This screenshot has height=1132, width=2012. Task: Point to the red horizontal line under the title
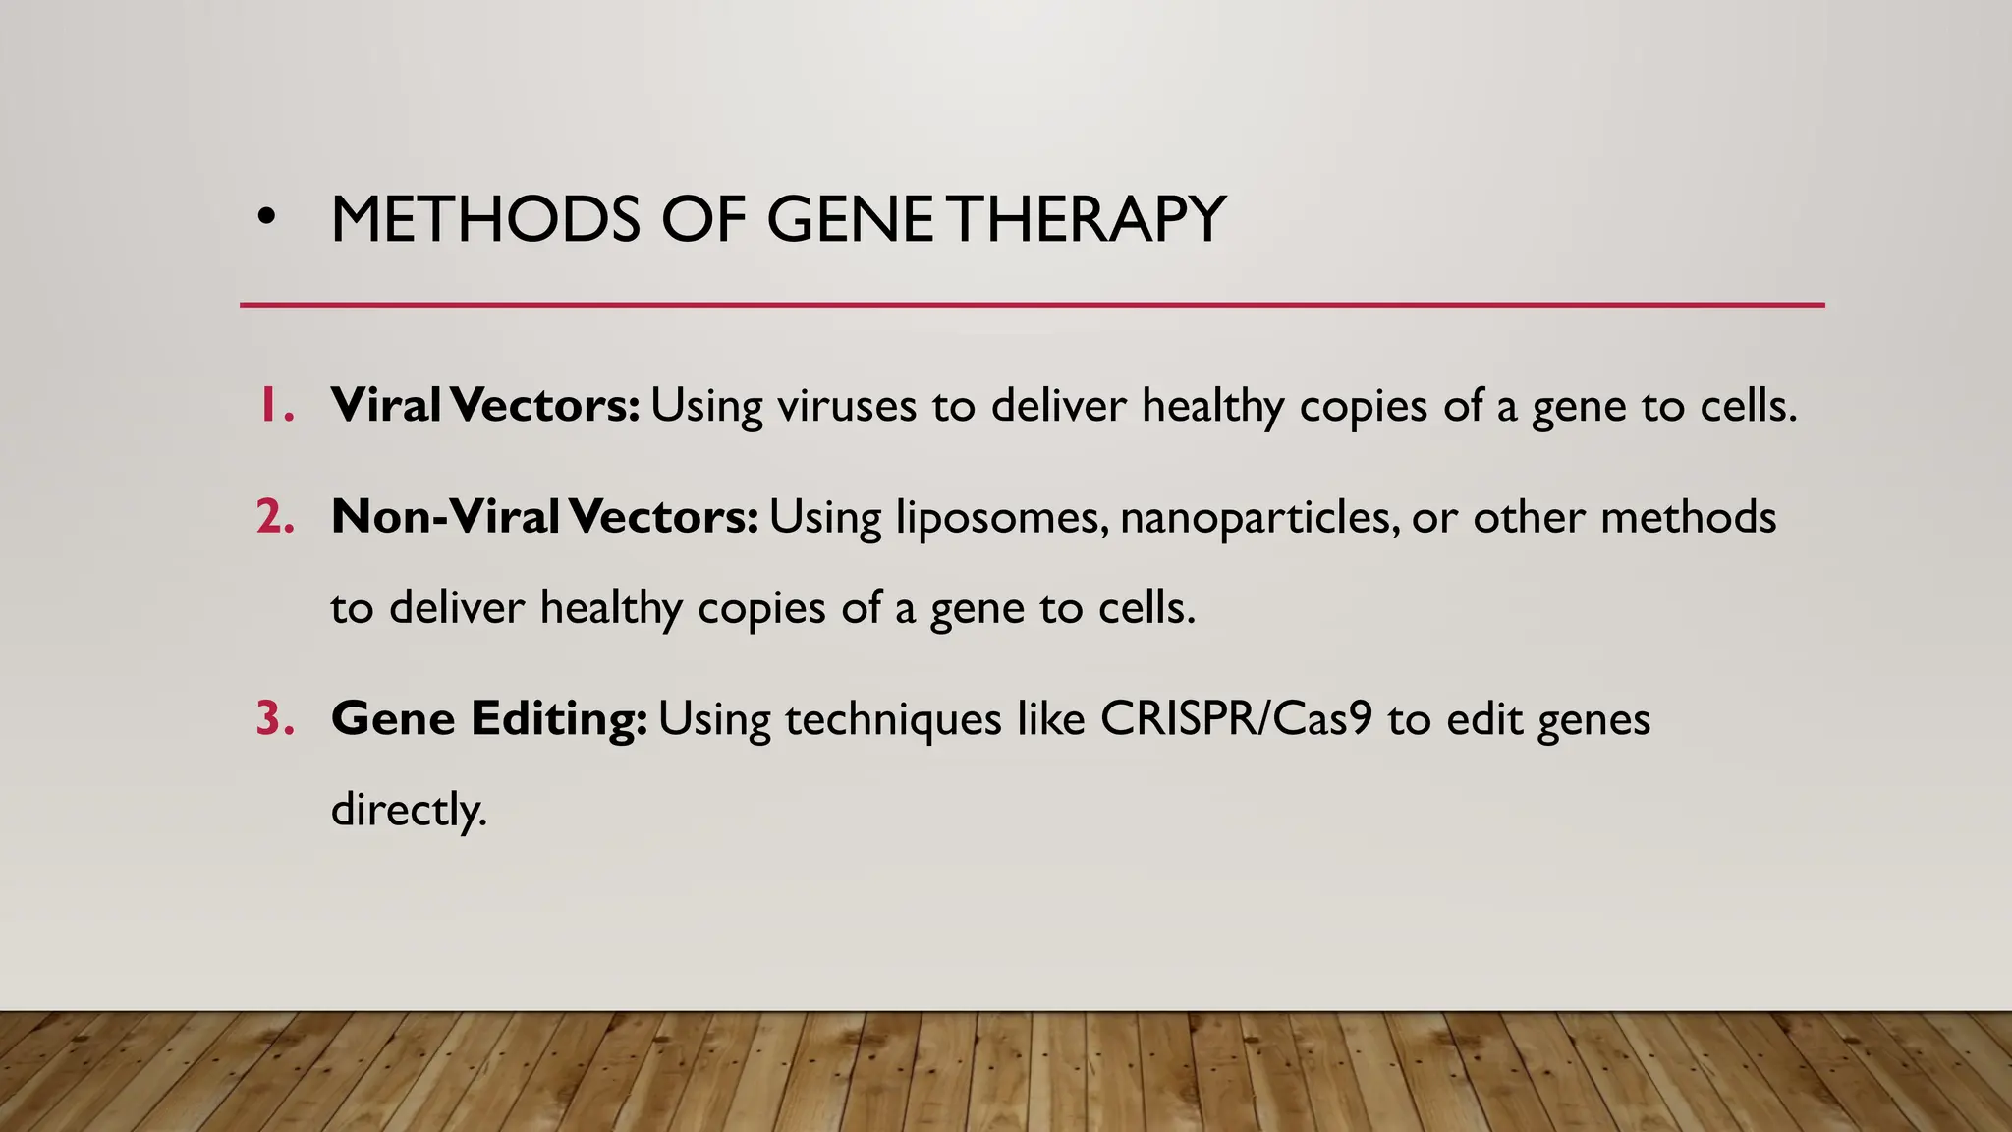pos(1032,305)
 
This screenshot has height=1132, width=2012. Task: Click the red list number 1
pos(276,405)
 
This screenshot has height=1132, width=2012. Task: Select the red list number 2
pos(276,517)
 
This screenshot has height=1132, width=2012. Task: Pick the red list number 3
pos(276,718)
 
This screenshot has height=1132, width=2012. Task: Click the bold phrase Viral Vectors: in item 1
pos(485,405)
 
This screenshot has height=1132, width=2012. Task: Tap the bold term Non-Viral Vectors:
pos(544,517)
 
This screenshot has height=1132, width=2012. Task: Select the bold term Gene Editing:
pos(488,718)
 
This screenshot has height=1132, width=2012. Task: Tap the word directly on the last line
pos(408,810)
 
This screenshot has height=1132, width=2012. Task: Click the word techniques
pos(893,720)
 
